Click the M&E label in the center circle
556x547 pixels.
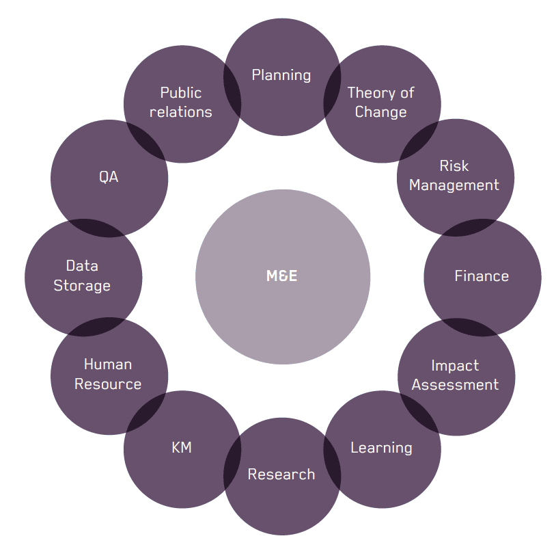[281, 276]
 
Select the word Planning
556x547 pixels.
[281, 76]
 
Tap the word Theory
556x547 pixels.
[370, 93]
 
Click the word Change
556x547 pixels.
[381, 112]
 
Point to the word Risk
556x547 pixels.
[454, 165]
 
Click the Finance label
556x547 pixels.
[482, 276]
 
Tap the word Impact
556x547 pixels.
[455, 366]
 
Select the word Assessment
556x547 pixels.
[455, 385]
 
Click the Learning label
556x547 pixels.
[381, 449]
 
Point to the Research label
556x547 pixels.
[281, 475]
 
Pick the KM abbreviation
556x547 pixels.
[182, 447]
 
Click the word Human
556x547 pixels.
[108, 364]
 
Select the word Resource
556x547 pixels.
[108, 384]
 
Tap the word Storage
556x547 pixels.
[82, 286]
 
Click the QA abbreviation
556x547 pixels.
[109, 177]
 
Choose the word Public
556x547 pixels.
[181, 93]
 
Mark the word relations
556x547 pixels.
[180, 112]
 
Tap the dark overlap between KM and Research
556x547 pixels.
[232, 462]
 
